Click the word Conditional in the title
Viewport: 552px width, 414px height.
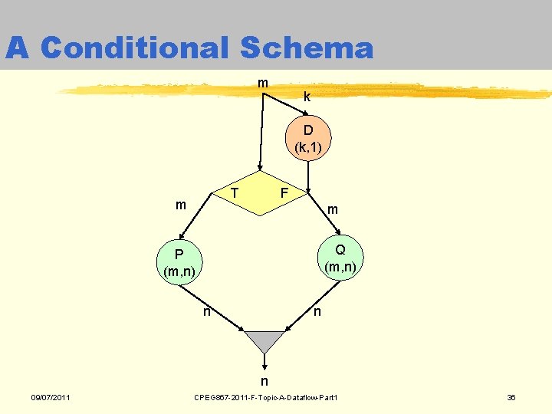[134, 48]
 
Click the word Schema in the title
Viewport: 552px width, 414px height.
[306, 48]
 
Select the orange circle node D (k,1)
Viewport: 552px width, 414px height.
[307, 138]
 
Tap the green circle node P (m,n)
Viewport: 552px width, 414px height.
[178, 262]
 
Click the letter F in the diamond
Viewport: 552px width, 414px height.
[284, 191]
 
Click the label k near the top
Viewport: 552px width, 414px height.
[307, 97]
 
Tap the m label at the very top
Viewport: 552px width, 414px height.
[263, 82]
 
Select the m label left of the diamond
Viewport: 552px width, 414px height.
[181, 205]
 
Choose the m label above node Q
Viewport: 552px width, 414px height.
[332, 209]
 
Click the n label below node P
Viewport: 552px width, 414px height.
[206, 311]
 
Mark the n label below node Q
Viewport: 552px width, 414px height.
[317, 311]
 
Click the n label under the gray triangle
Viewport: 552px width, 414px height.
[264, 381]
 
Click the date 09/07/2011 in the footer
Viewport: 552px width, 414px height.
[51, 397]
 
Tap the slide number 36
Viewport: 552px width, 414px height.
[511, 397]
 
